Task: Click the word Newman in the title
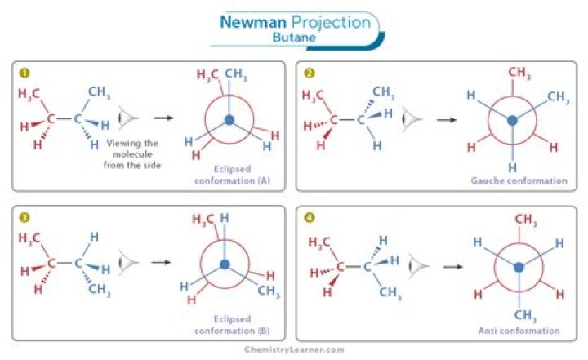point(253,22)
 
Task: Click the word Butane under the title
point(294,38)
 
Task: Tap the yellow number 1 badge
point(24,73)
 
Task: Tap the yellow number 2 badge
point(309,73)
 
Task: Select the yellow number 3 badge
point(24,217)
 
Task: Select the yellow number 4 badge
point(309,217)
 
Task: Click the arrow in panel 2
point(447,120)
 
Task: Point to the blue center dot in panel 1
point(229,120)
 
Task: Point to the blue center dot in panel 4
point(519,268)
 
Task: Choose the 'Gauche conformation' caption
point(519,180)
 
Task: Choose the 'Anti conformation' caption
point(519,331)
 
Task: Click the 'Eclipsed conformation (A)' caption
point(233,175)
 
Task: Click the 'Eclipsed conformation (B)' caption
point(233,325)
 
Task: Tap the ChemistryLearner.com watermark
point(294,349)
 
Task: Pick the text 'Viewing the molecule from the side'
point(132,154)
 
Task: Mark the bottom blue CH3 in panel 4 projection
point(525,315)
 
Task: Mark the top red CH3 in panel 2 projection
point(519,73)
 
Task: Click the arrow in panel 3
point(161,262)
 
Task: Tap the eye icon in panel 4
point(418,266)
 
